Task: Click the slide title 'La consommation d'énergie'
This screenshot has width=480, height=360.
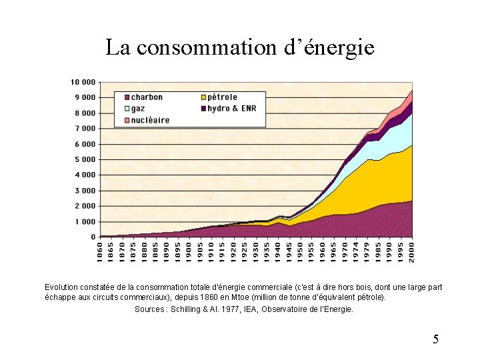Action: tap(240, 47)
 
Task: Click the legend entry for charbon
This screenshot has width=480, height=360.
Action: tap(146, 97)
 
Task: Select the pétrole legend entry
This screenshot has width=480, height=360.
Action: tap(222, 97)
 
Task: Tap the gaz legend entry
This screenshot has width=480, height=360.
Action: tap(137, 108)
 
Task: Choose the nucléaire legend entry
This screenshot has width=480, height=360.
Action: tap(150, 120)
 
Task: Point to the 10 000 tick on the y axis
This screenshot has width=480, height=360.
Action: tap(83, 82)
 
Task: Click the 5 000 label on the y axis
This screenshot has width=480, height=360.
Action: tap(85, 159)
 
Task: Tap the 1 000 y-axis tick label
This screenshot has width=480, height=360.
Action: tap(85, 221)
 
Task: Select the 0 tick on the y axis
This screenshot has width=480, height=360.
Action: tap(93, 237)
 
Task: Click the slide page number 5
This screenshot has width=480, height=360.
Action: tap(435, 339)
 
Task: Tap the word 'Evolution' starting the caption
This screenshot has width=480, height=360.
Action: tap(61, 287)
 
